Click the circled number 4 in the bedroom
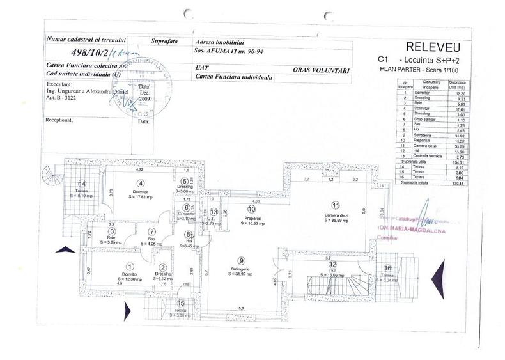tap(135, 182)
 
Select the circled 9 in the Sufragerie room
tap(240, 260)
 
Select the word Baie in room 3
tap(111, 236)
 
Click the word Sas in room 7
tap(151, 237)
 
